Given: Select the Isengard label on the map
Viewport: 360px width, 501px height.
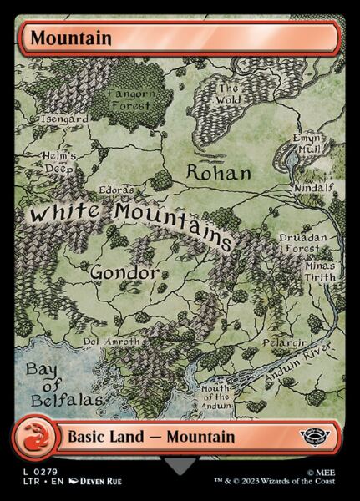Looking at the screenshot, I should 63,119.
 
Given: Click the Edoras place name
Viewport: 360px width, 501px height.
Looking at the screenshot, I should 115,190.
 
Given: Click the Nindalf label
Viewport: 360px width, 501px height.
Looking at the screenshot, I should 314,189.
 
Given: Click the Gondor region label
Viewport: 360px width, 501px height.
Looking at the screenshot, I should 124,272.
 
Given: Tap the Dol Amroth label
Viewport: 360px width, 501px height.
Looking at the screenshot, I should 108,342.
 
